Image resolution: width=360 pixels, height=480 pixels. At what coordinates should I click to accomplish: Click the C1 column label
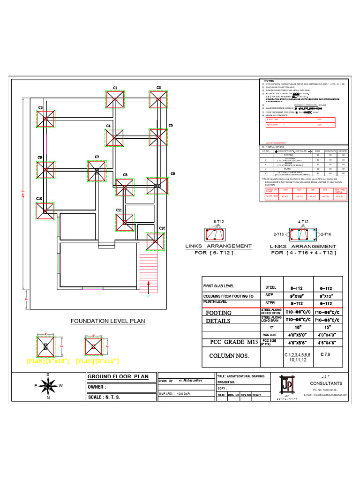pos(115,88)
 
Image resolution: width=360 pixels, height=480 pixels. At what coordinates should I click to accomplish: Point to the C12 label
pos(162,228)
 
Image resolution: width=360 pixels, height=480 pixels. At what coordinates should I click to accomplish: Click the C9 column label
pos(172,174)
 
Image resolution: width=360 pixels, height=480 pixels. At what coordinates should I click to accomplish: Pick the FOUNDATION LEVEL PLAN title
pos(108,321)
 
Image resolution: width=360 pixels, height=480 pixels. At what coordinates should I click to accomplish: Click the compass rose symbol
pos(48,386)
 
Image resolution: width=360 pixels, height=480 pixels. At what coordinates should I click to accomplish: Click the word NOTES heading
pos(269,81)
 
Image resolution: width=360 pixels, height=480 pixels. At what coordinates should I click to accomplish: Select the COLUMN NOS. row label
pos(229,356)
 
